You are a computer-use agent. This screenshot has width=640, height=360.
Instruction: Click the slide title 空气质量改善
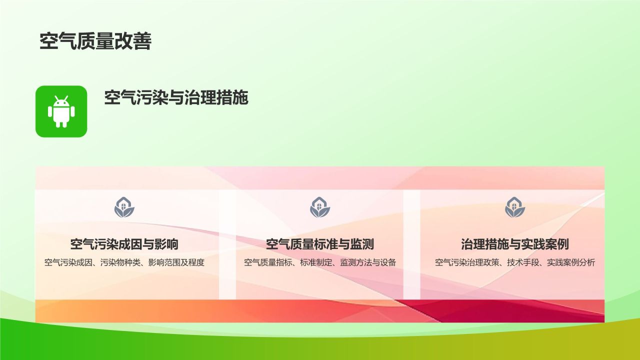(95, 41)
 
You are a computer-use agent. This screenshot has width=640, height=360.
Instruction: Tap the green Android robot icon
(61, 111)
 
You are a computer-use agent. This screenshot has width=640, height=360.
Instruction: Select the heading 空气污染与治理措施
(176, 97)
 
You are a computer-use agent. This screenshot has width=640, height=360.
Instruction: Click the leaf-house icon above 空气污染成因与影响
(124, 207)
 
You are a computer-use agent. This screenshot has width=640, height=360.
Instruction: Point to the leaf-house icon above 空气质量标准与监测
(320, 207)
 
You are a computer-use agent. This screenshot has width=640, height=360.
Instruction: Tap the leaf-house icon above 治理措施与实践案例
(515, 207)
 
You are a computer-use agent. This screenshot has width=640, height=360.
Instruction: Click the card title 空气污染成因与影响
(124, 244)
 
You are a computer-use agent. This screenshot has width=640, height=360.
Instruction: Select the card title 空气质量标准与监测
(320, 244)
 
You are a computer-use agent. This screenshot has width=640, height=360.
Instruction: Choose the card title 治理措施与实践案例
(515, 244)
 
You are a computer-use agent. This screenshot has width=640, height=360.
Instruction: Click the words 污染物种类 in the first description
(120, 262)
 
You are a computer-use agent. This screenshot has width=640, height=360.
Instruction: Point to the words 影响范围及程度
(176, 262)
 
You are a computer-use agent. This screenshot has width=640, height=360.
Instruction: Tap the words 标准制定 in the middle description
(316, 262)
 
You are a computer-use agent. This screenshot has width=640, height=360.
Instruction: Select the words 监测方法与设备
(368, 262)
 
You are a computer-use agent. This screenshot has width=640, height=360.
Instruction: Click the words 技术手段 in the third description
(523, 262)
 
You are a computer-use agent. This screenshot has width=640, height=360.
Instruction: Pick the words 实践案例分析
(571, 262)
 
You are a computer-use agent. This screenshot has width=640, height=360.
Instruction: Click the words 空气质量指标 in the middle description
(268, 262)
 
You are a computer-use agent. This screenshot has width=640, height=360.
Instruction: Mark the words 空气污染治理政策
(467, 262)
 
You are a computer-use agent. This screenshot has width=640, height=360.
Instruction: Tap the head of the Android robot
(61, 101)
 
